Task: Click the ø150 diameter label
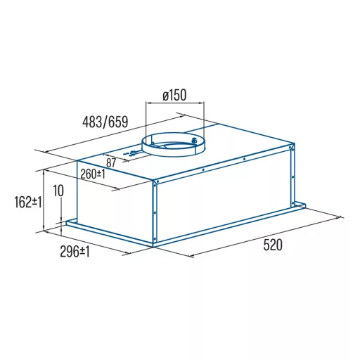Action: pyautogui.click(x=174, y=95)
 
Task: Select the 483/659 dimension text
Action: pyautogui.click(x=105, y=122)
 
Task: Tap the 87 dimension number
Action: pyautogui.click(x=111, y=162)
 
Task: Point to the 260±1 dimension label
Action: pyautogui.click(x=93, y=174)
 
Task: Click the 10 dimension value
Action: pyautogui.click(x=58, y=191)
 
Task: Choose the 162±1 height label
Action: pyautogui.click(x=28, y=202)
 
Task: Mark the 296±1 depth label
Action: pyautogui.click(x=75, y=252)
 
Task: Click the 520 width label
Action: pyautogui.click(x=273, y=245)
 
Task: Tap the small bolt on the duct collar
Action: pyautogui.click(x=193, y=141)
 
